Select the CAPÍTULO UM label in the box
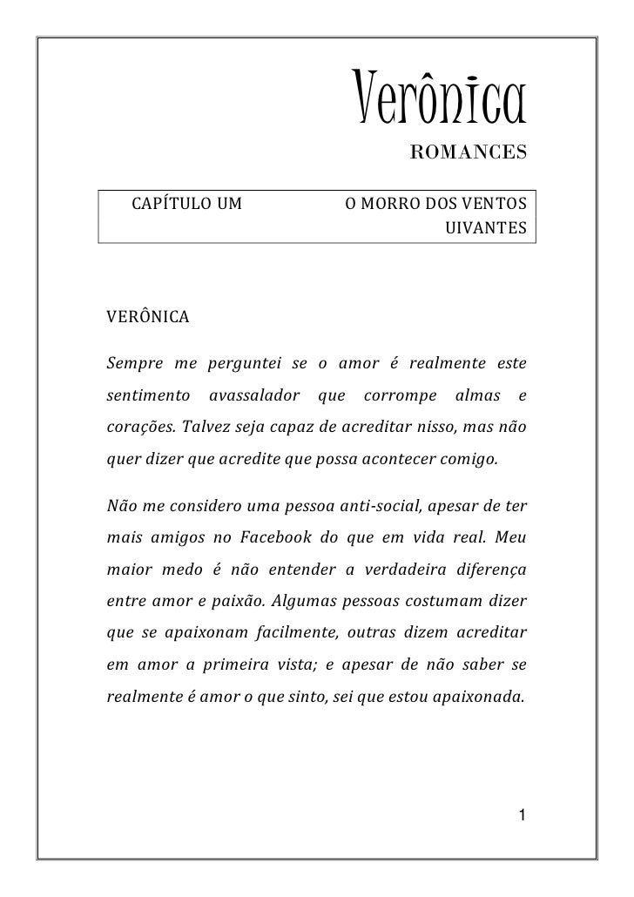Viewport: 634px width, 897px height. [x=185, y=206]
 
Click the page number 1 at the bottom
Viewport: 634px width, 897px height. [x=520, y=815]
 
